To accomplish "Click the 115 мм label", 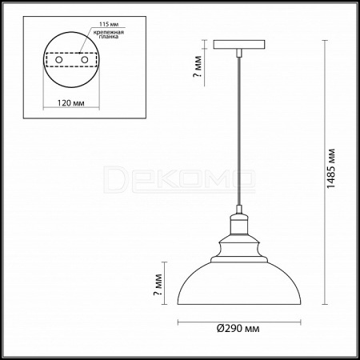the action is point(109,24).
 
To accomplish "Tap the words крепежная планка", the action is point(109,34).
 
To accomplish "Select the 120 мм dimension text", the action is point(71,103).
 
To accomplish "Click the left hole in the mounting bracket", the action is point(59,60).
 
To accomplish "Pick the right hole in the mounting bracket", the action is point(85,60).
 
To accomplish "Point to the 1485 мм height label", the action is point(331,168).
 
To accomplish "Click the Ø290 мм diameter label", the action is point(238,329).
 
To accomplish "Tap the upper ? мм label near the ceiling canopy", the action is point(198,66).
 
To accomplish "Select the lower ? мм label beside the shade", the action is point(158,285).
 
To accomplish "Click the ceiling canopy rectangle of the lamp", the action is point(239,45).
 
